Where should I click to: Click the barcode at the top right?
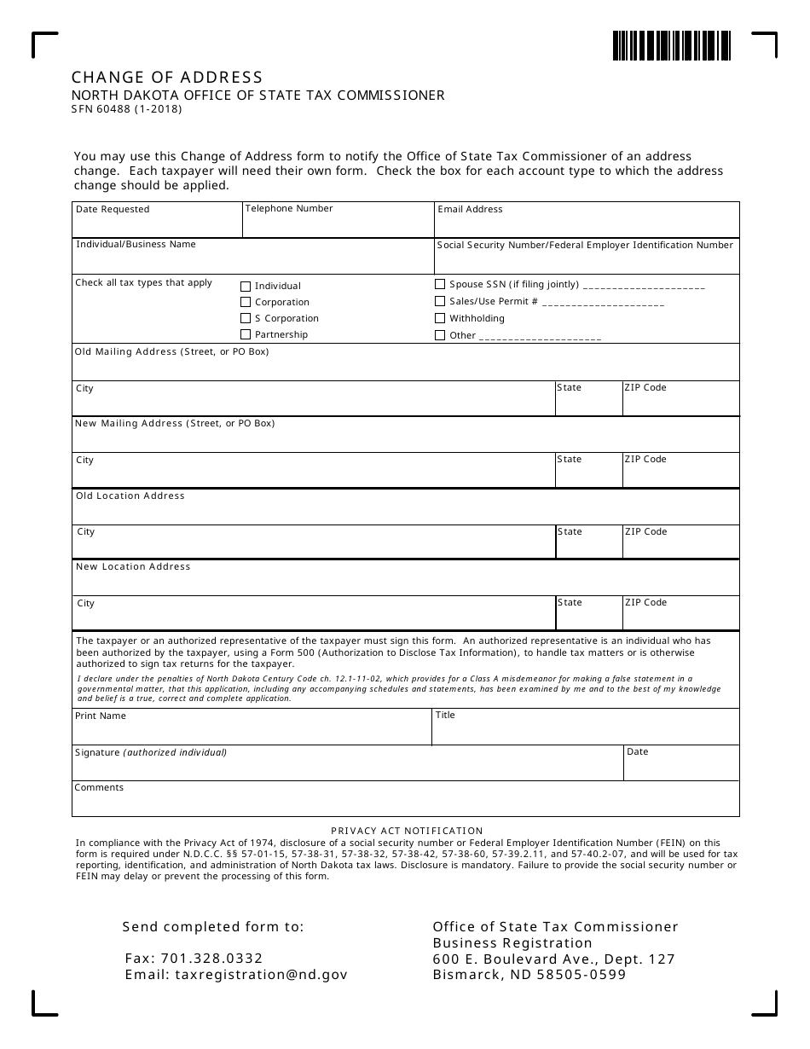click(x=671, y=45)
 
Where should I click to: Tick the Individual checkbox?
click(x=246, y=287)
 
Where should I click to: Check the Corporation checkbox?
click(x=246, y=303)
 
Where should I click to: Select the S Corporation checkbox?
click(x=246, y=319)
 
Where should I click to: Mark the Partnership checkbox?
click(x=246, y=335)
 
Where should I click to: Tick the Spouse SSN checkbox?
click(x=440, y=284)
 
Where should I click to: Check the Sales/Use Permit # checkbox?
click(x=440, y=301)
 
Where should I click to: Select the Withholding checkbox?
click(x=440, y=318)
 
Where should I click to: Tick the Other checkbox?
click(x=440, y=335)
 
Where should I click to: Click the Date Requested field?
click(x=158, y=224)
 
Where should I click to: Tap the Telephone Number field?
click(x=338, y=224)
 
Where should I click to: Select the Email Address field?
click(x=587, y=224)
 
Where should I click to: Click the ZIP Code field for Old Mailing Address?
click(x=680, y=403)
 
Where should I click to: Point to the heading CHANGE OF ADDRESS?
click(x=167, y=78)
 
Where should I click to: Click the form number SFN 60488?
click(x=126, y=109)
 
